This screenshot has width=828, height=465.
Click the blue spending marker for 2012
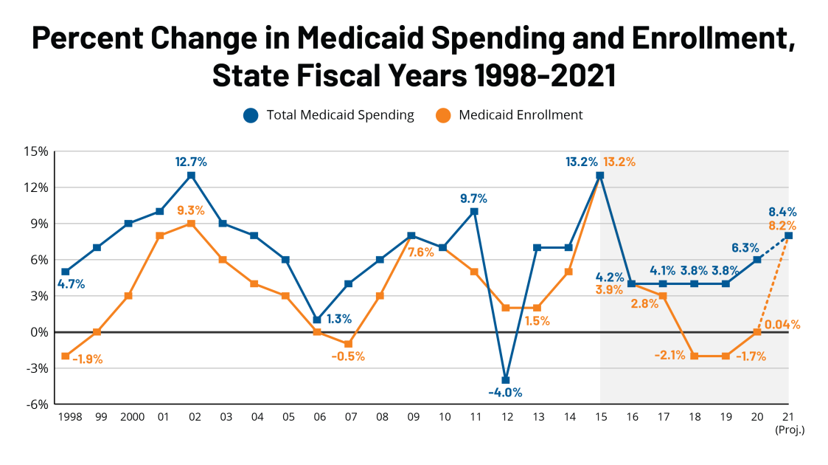(x=506, y=380)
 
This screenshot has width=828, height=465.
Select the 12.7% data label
(x=191, y=161)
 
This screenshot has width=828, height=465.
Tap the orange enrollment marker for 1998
(x=66, y=356)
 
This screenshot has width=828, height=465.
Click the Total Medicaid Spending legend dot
(x=251, y=115)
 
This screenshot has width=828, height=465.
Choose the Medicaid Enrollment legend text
(x=521, y=115)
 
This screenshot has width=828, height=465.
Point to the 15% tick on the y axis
(x=37, y=151)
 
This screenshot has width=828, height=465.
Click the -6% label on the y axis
(x=37, y=404)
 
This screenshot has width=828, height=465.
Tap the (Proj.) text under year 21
(x=789, y=430)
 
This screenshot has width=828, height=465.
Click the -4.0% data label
(x=505, y=393)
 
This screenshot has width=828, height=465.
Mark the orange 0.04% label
(x=782, y=324)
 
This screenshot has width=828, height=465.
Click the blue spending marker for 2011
(x=474, y=211)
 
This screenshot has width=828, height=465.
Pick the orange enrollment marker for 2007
(x=348, y=344)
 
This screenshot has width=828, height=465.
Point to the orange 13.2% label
(x=619, y=162)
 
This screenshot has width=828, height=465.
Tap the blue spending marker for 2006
(x=317, y=320)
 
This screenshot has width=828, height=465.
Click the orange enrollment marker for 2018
(x=694, y=356)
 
